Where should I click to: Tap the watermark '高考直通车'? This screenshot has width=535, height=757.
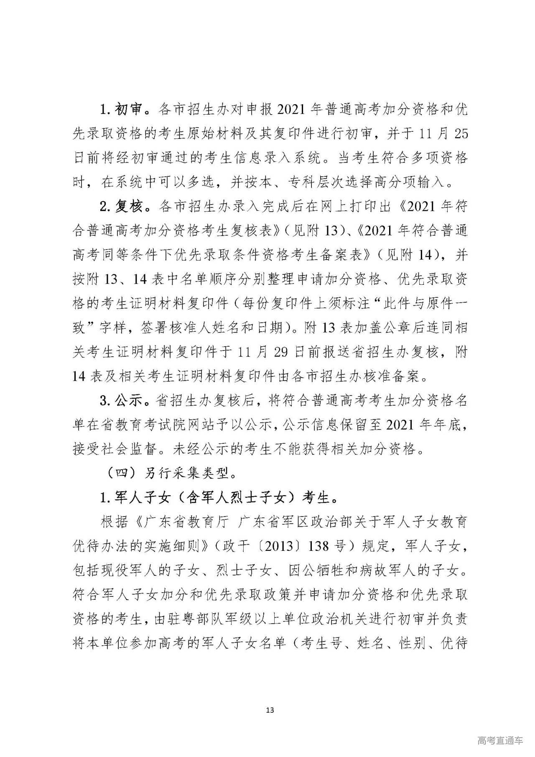[x=499, y=740]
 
